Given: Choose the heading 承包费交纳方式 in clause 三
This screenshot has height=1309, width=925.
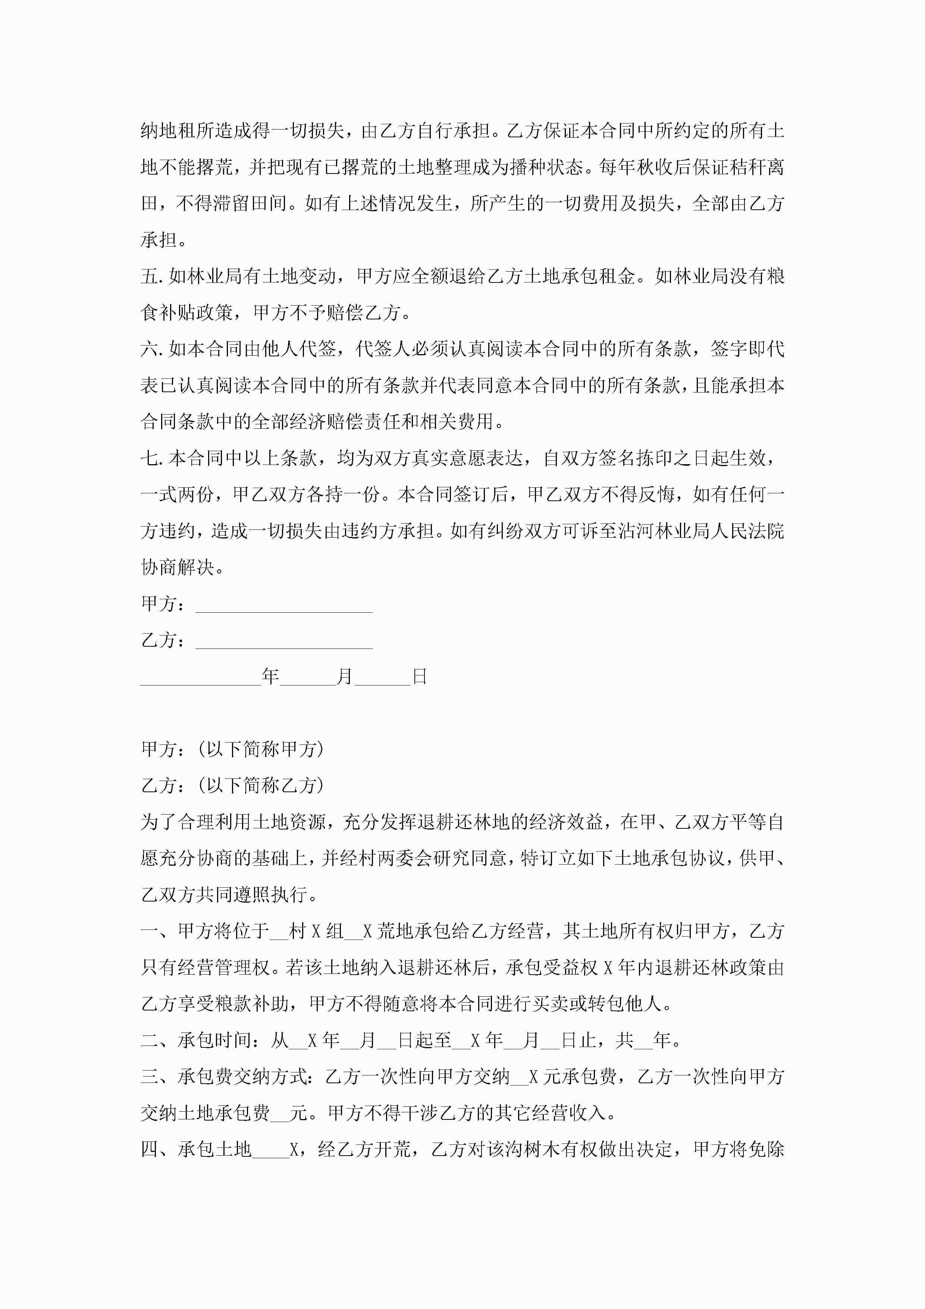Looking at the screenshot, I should [x=242, y=1077].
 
